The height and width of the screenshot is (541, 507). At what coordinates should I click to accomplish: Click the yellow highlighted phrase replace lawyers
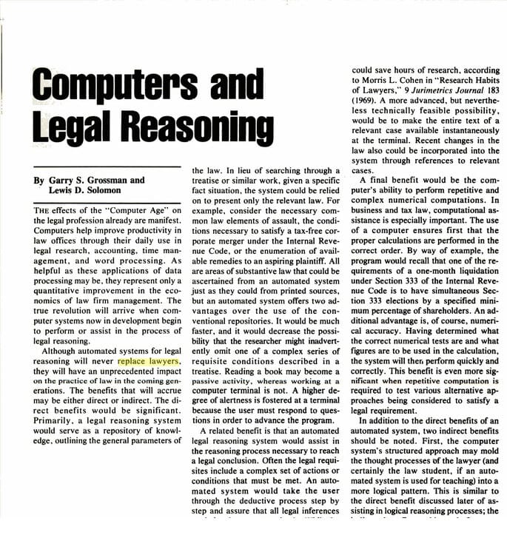click(x=148, y=362)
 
